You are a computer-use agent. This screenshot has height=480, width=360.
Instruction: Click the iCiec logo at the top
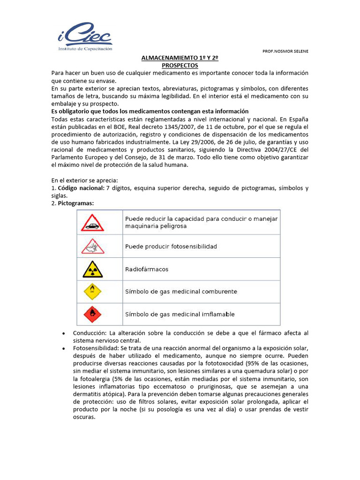tap(84, 37)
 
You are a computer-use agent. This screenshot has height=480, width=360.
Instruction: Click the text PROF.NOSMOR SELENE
tap(285, 51)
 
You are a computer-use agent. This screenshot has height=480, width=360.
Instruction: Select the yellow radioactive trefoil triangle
tap(92, 269)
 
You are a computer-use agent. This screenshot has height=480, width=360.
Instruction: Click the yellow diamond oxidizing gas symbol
tap(92, 292)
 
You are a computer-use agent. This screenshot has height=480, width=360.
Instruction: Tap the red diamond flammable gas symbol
tap(92, 314)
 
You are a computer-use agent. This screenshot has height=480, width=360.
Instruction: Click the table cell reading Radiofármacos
tap(146, 270)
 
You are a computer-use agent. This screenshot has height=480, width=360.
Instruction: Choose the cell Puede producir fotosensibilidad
tap(171, 247)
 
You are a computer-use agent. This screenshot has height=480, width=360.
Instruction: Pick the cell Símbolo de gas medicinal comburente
tap(180, 292)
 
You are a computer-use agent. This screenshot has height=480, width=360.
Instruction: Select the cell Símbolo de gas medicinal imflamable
tap(180, 314)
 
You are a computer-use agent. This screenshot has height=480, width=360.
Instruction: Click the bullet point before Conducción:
tap(63, 333)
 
